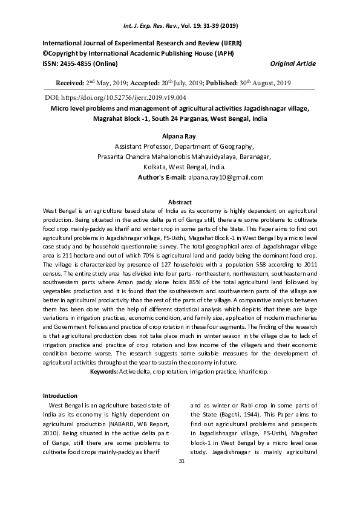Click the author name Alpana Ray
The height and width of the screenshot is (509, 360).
(x=180, y=137)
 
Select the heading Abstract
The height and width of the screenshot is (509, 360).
(x=180, y=202)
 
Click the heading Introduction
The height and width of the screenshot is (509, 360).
(x=60, y=395)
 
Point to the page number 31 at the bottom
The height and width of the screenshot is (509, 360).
(x=180, y=461)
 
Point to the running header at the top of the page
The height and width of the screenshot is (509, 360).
(x=180, y=27)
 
